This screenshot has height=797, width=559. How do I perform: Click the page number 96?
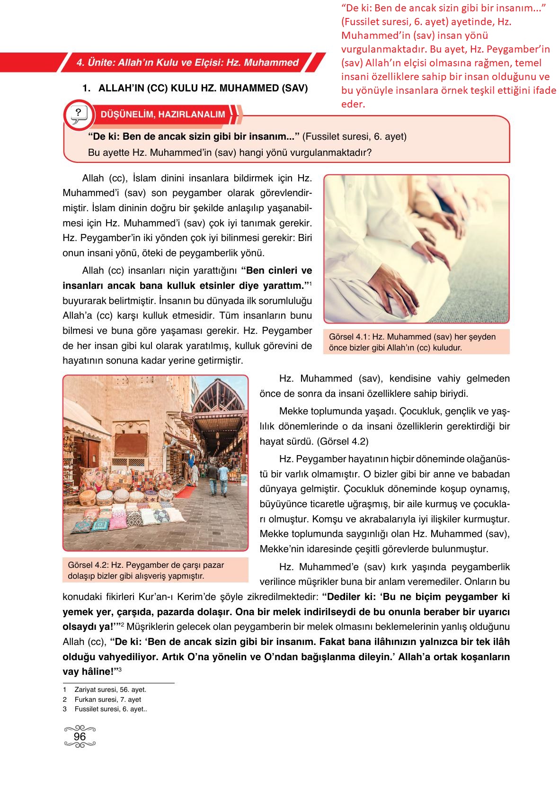80,736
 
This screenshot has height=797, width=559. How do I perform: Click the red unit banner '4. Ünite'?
187,63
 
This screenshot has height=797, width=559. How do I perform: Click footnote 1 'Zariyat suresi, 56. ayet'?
110,690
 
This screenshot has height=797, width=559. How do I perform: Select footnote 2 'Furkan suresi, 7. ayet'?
107,699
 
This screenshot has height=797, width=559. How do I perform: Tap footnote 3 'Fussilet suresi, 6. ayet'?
110,709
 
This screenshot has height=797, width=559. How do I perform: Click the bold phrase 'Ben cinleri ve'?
277,271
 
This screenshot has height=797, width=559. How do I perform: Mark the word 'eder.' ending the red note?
353,104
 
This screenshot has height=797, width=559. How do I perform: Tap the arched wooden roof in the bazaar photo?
222,398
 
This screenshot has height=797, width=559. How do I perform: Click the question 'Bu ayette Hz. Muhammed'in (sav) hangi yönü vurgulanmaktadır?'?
230,152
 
